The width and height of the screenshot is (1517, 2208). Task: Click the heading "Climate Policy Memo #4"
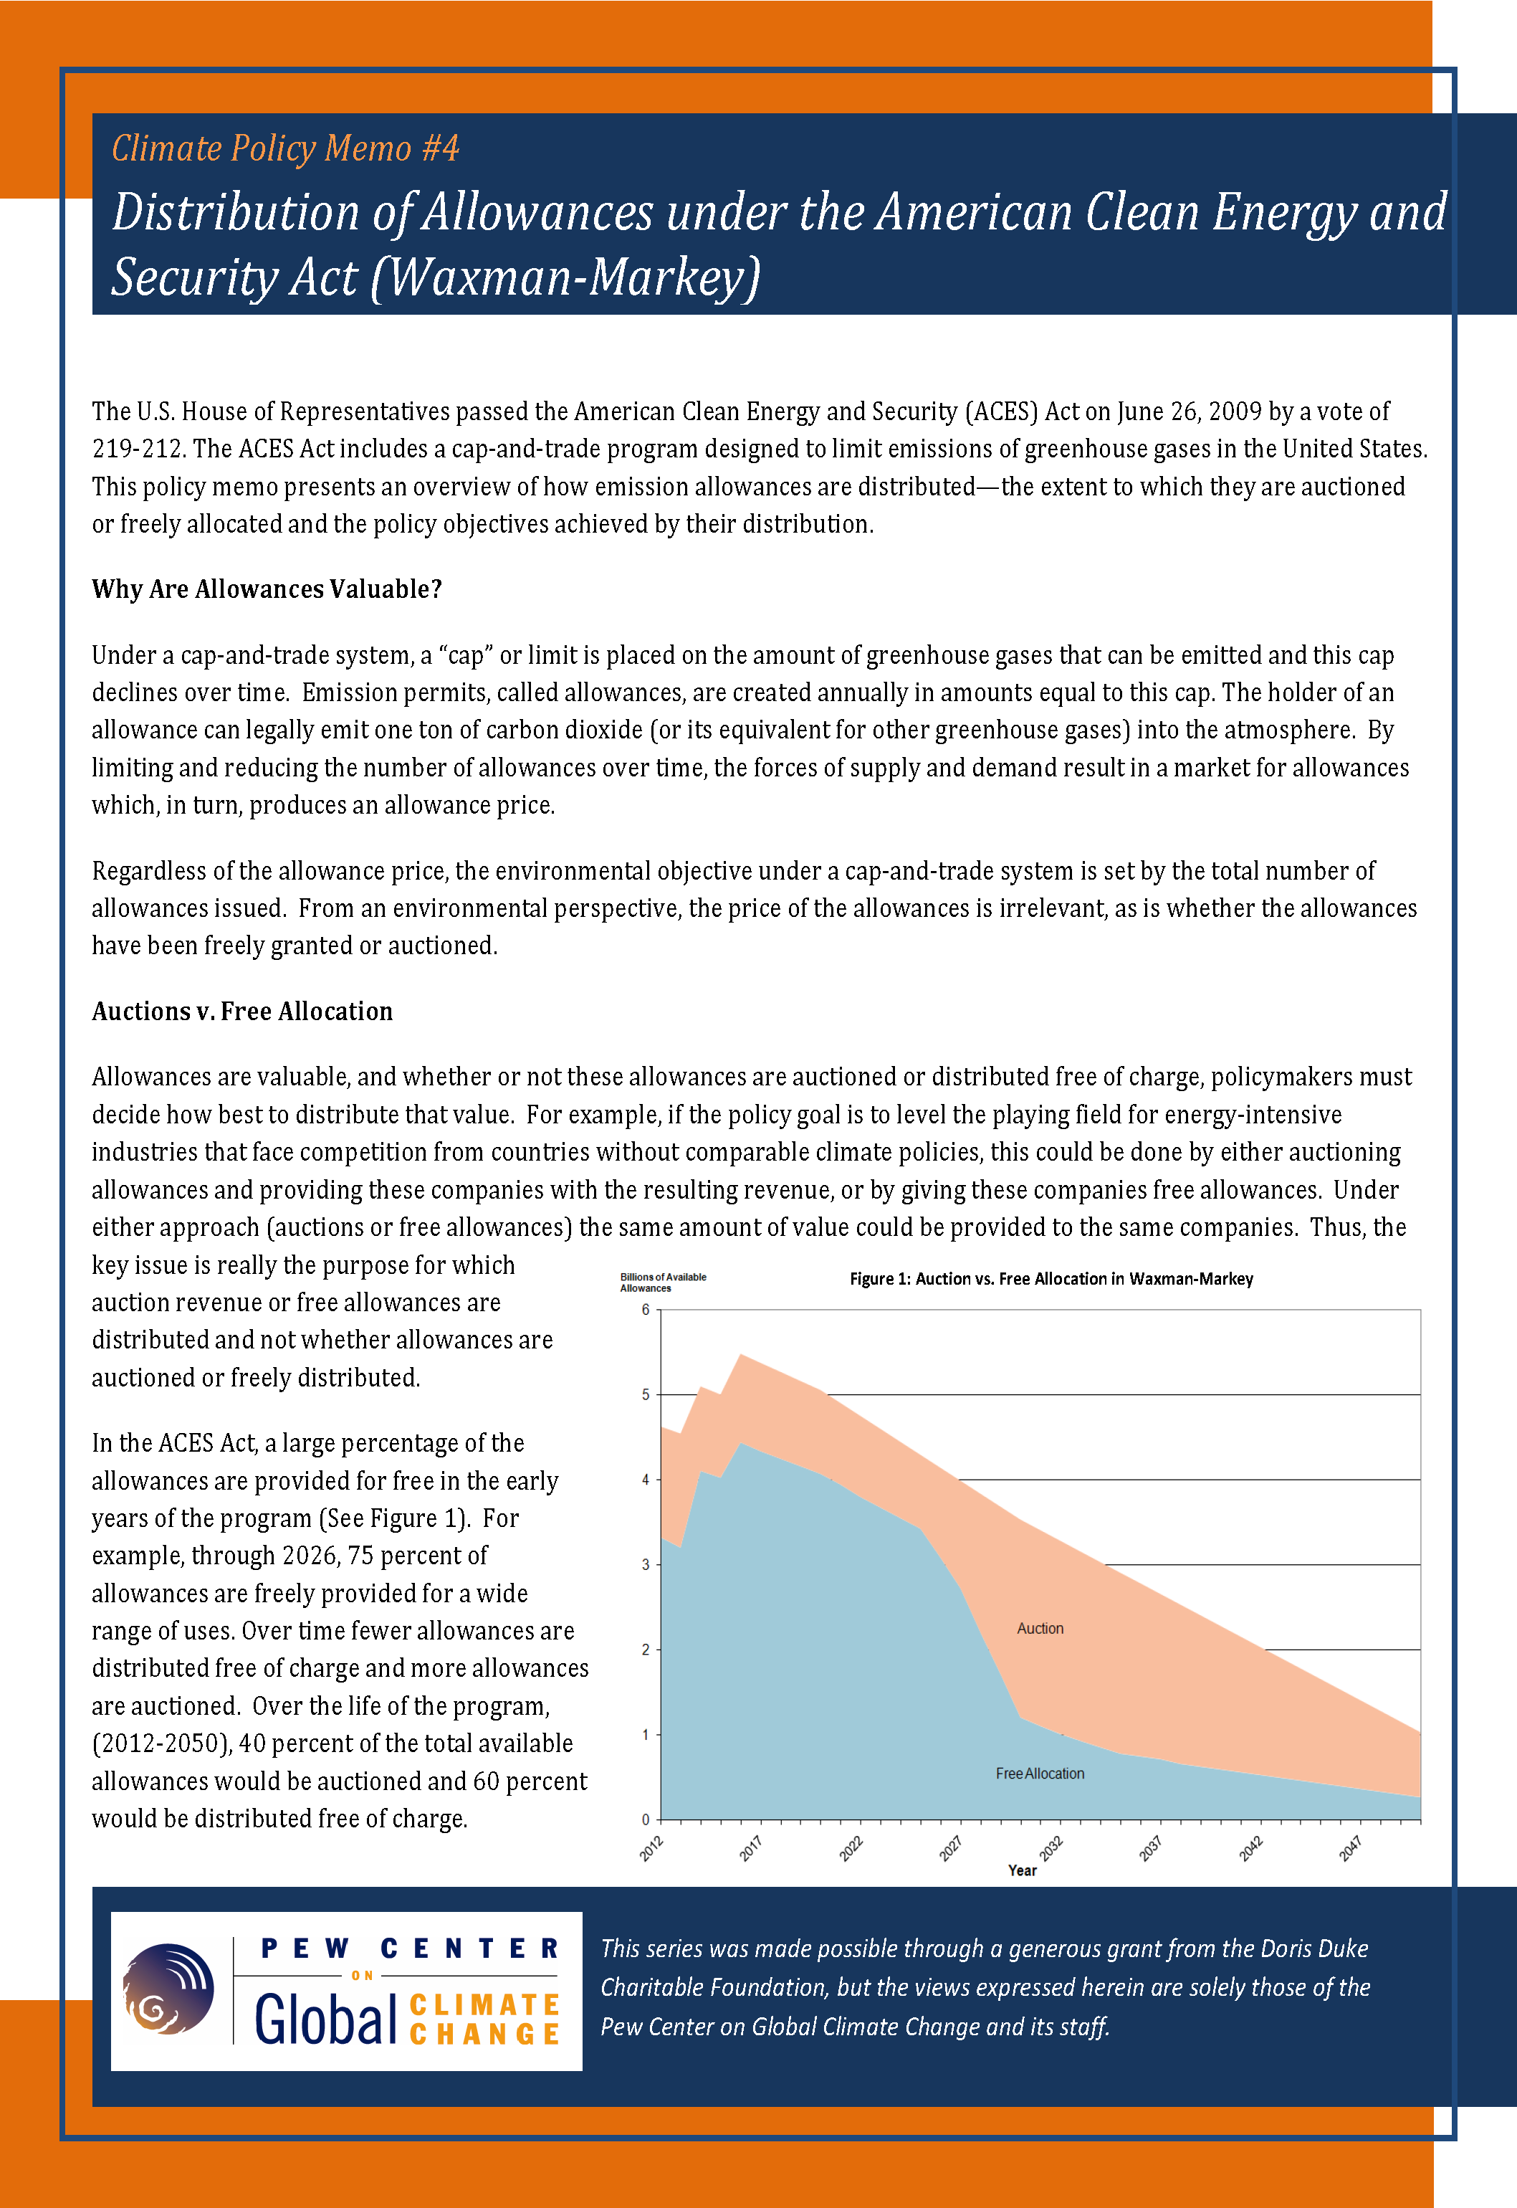click(x=285, y=148)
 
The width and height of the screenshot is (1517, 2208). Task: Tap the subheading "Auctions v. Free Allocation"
click(x=241, y=1011)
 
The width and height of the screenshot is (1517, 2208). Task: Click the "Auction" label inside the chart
click(x=1040, y=1628)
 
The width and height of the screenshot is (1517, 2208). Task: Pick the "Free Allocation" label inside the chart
click(x=1040, y=1774)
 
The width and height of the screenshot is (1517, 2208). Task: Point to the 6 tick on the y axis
click(x=646, y=1310)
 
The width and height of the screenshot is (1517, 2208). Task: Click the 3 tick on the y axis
click(x=646, y=1564)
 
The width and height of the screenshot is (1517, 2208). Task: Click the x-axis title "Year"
click(x=1022, y=1870)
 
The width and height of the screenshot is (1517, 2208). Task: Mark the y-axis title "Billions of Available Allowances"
click(x=663, y=1282)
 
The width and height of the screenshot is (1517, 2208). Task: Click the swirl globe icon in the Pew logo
click(x=169, y=1989)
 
